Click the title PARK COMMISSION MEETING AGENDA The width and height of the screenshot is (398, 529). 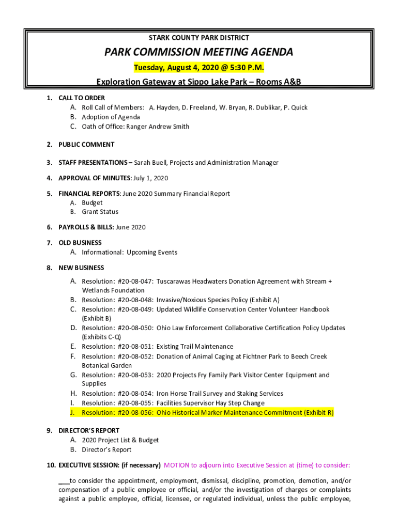pyautogui.click(x=199, y=52)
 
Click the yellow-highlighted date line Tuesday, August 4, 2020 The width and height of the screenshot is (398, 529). pyautogui.click(x=199, y=68)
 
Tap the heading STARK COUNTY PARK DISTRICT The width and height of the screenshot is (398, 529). pyautogui.click(x=199, y=38)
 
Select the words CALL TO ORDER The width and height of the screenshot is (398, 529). pyautogui.click(x=82, y=98)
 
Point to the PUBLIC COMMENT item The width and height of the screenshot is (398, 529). pyautogui.click(x=86, y=145)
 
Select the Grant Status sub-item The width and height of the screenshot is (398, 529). pyautogui.click(x=100, y=212)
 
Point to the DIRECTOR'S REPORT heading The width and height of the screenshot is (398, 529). pyautogui.click(x=89, y=431)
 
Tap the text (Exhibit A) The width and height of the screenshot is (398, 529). pyautogui.click(x=265, y=300)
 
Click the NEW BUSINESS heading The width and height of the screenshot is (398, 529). pyautogui.click(x=81, y=268)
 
